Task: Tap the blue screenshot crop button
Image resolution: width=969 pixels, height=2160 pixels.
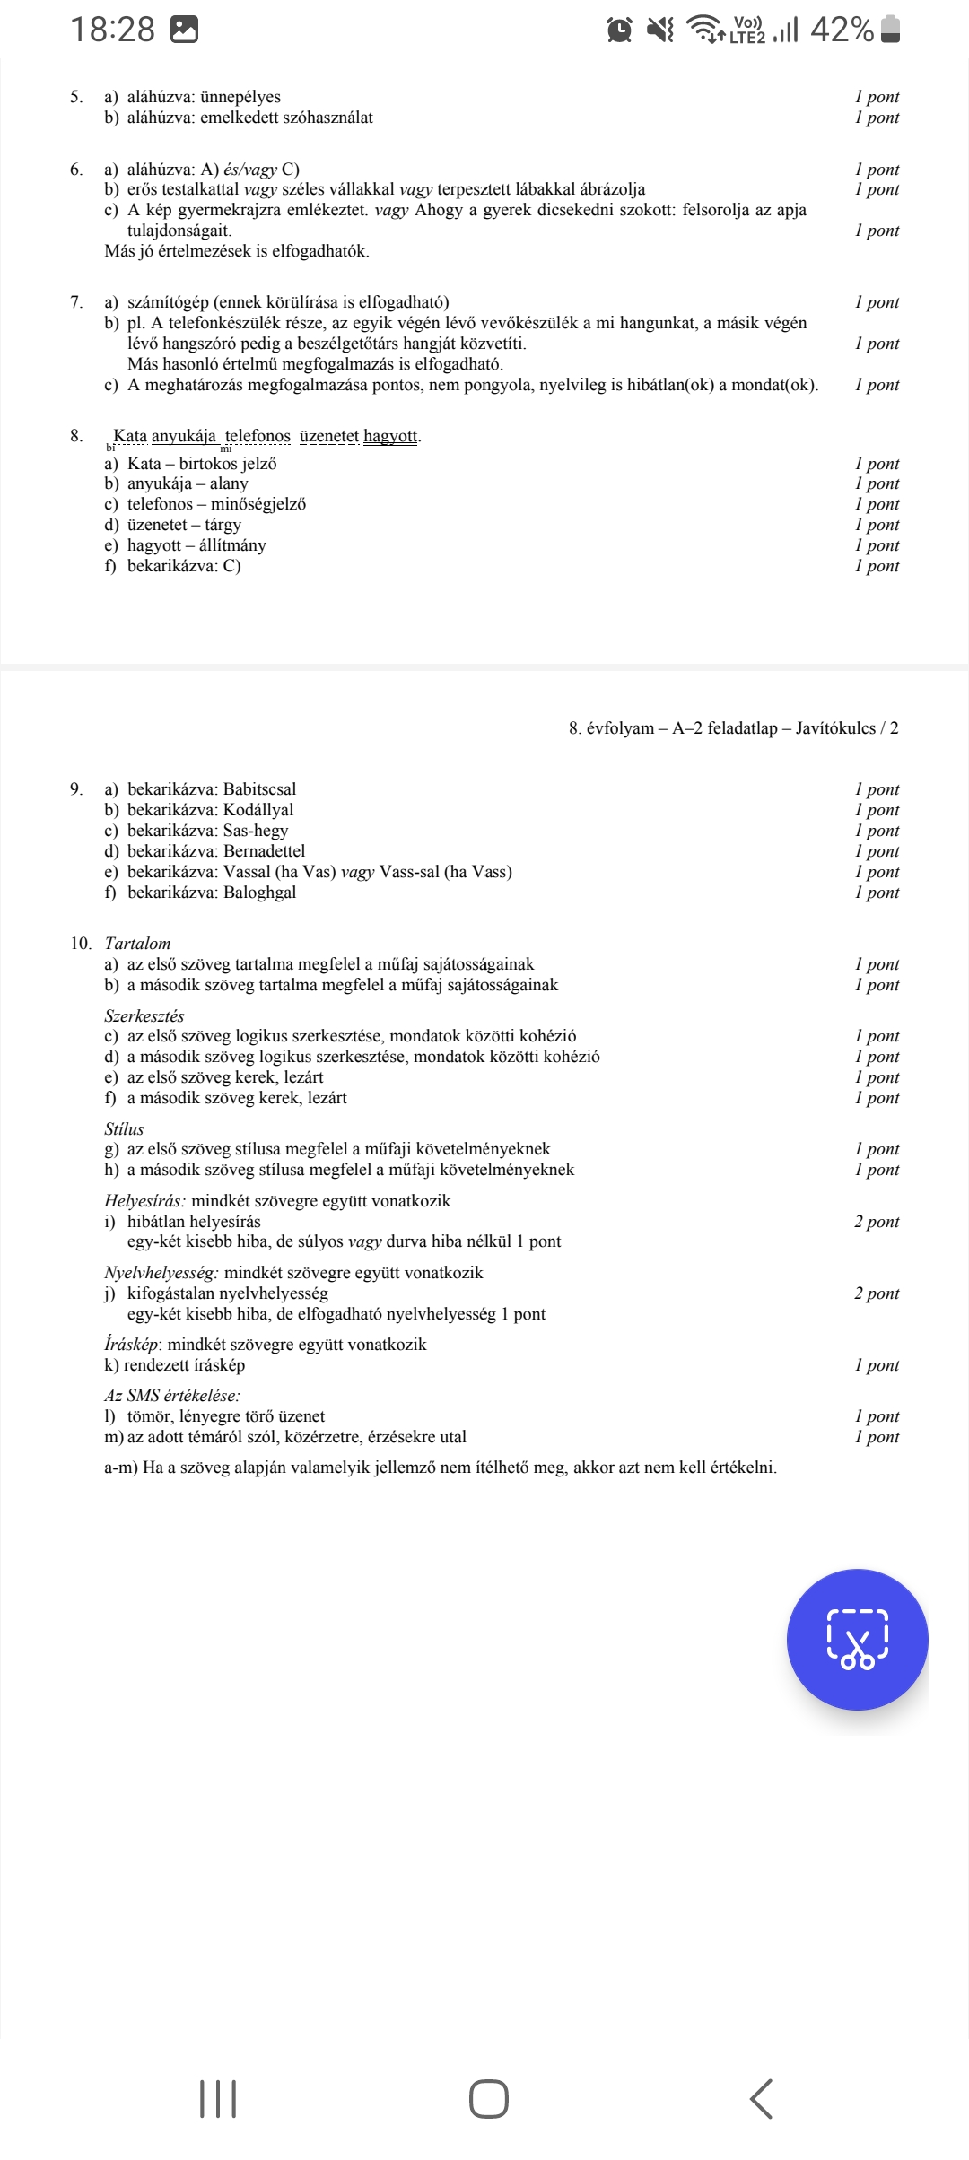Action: pyautogui.click(x=857, y=1639)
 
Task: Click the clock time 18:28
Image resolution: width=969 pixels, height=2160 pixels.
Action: pyautogui.click(x=113, y=30)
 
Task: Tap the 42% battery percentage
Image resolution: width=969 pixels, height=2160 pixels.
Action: pyautogui.click(x=842, y=30)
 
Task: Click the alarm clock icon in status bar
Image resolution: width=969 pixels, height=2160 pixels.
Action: pyautogui.click(x=619, y=30)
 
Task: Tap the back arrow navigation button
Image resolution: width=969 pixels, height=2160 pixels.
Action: pyautogui.click(x=761, y=2099)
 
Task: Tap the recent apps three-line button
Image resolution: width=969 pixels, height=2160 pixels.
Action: pyautogui.click(x=218, y=2099)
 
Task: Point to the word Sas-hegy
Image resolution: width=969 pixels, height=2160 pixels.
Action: pyautogui.click(x=256, y=831)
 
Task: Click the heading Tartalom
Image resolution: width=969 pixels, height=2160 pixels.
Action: pyautogui.click(x=137, y=944)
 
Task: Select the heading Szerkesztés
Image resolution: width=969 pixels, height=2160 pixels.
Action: pyautogui.click(x=144, y=1016)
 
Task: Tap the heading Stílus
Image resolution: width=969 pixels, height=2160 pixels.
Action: pyautogui.click(x=124, y=1129)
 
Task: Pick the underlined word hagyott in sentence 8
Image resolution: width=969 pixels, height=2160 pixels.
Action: pyautogui.click(x=390, y=436)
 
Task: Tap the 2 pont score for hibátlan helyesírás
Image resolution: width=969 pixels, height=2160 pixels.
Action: pyautogui.click(x=877, y=1222)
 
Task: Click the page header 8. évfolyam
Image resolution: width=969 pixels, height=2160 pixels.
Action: pyautogui.click(x=611, y=728)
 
